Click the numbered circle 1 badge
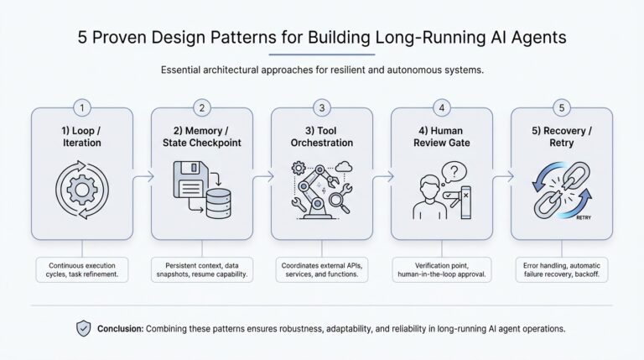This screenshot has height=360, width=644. coord(81,107)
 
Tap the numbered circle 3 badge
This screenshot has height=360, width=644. coord(322,107)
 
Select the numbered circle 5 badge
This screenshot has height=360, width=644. coord(561,107)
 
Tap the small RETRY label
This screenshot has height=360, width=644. coord(584,217)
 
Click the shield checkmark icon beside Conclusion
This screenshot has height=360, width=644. coord(83,329)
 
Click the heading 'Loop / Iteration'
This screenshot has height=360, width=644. coord(81,137)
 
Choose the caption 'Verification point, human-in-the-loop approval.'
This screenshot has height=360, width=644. coord(442,269)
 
